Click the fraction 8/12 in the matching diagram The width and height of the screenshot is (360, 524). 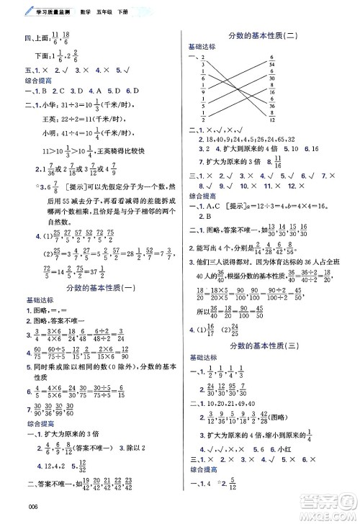coord(271,117)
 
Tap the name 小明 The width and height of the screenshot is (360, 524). coord(46,135)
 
